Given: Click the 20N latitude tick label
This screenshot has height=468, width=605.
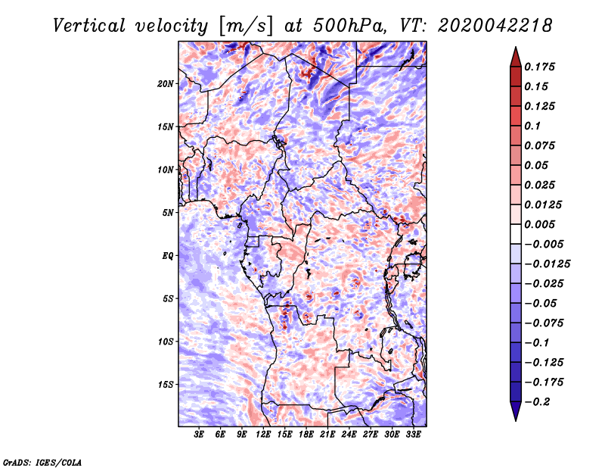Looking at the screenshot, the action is point(166,84).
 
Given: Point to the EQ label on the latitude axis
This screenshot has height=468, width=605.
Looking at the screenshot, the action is point(168,256).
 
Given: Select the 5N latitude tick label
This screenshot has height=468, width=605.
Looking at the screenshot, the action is point(168,213).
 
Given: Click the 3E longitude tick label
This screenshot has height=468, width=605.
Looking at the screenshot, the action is point(199,435).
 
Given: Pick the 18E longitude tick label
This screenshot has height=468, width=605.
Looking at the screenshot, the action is point(306,435).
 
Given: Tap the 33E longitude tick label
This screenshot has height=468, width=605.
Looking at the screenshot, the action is point(413,435).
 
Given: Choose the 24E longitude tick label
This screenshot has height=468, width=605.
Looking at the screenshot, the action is point(349,435).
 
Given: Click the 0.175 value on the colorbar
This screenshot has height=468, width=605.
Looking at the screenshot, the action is point(539,67).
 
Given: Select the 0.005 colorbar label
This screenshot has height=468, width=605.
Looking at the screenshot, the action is point(539,224).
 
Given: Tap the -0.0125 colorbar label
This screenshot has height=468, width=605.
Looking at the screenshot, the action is point(547,264).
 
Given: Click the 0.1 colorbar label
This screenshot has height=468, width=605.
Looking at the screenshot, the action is point(532,126).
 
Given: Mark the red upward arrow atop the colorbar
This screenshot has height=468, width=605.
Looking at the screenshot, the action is point(516,57).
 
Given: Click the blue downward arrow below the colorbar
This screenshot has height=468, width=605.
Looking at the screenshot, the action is point(516,411).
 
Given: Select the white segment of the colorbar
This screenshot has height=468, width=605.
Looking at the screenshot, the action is point(516,234).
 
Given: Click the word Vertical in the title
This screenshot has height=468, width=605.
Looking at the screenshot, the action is point(89,26).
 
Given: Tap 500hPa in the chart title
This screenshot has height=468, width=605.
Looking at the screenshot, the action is point(349,26).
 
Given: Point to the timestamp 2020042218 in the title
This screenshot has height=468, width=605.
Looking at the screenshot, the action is point(495,26).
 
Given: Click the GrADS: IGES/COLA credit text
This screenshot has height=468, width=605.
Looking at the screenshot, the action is point(42,462).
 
